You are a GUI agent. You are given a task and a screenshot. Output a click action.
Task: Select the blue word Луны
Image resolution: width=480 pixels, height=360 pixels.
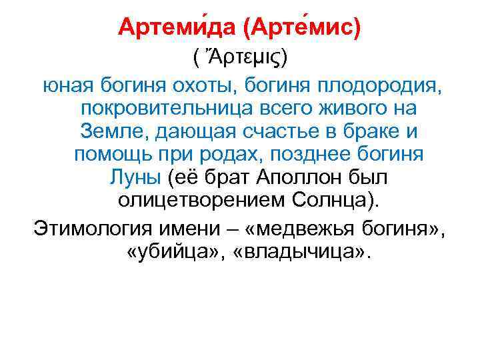click(133, 177)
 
